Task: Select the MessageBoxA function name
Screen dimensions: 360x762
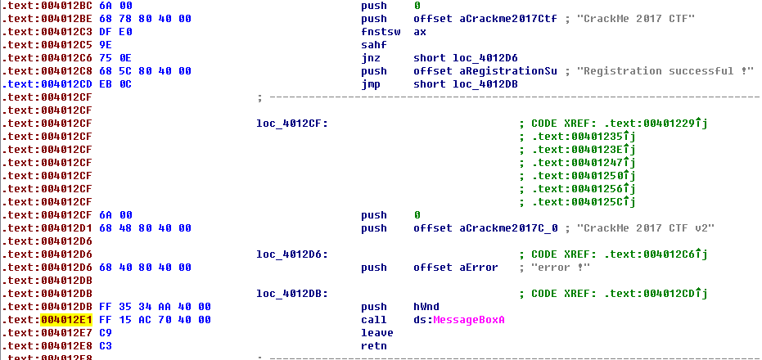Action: (469, 320)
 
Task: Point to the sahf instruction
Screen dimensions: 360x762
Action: (374, 45)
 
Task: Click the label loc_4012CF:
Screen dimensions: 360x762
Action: (291, 124)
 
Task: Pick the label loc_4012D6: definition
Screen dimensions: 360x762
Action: (291, 254)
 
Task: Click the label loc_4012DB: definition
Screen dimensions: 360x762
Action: (291, 294)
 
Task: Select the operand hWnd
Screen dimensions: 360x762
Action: (427, 307)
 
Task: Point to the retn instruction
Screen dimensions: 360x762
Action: (374, 346)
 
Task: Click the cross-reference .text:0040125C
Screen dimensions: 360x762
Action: (581, 202)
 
